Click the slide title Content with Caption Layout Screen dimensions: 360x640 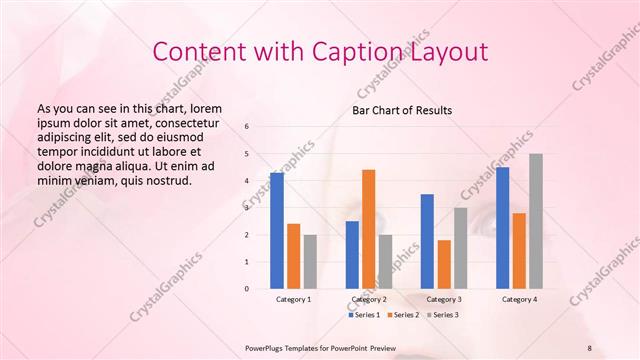[319, 51]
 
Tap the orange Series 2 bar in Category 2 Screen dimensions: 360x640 [368, 229]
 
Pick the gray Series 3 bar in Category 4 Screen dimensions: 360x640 [536, 221]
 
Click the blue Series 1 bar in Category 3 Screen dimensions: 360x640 [427, 241]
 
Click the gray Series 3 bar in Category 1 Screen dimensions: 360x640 [310, 262]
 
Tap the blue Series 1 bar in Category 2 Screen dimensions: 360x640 [352, 255]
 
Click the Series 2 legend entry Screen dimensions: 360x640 [403, 315]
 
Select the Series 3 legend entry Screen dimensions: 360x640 [442, 315]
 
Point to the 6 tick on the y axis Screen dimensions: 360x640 [246, 126]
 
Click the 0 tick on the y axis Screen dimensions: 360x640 [246, 289]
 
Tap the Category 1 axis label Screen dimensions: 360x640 [293, 300]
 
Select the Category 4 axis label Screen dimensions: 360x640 [518, 300]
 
